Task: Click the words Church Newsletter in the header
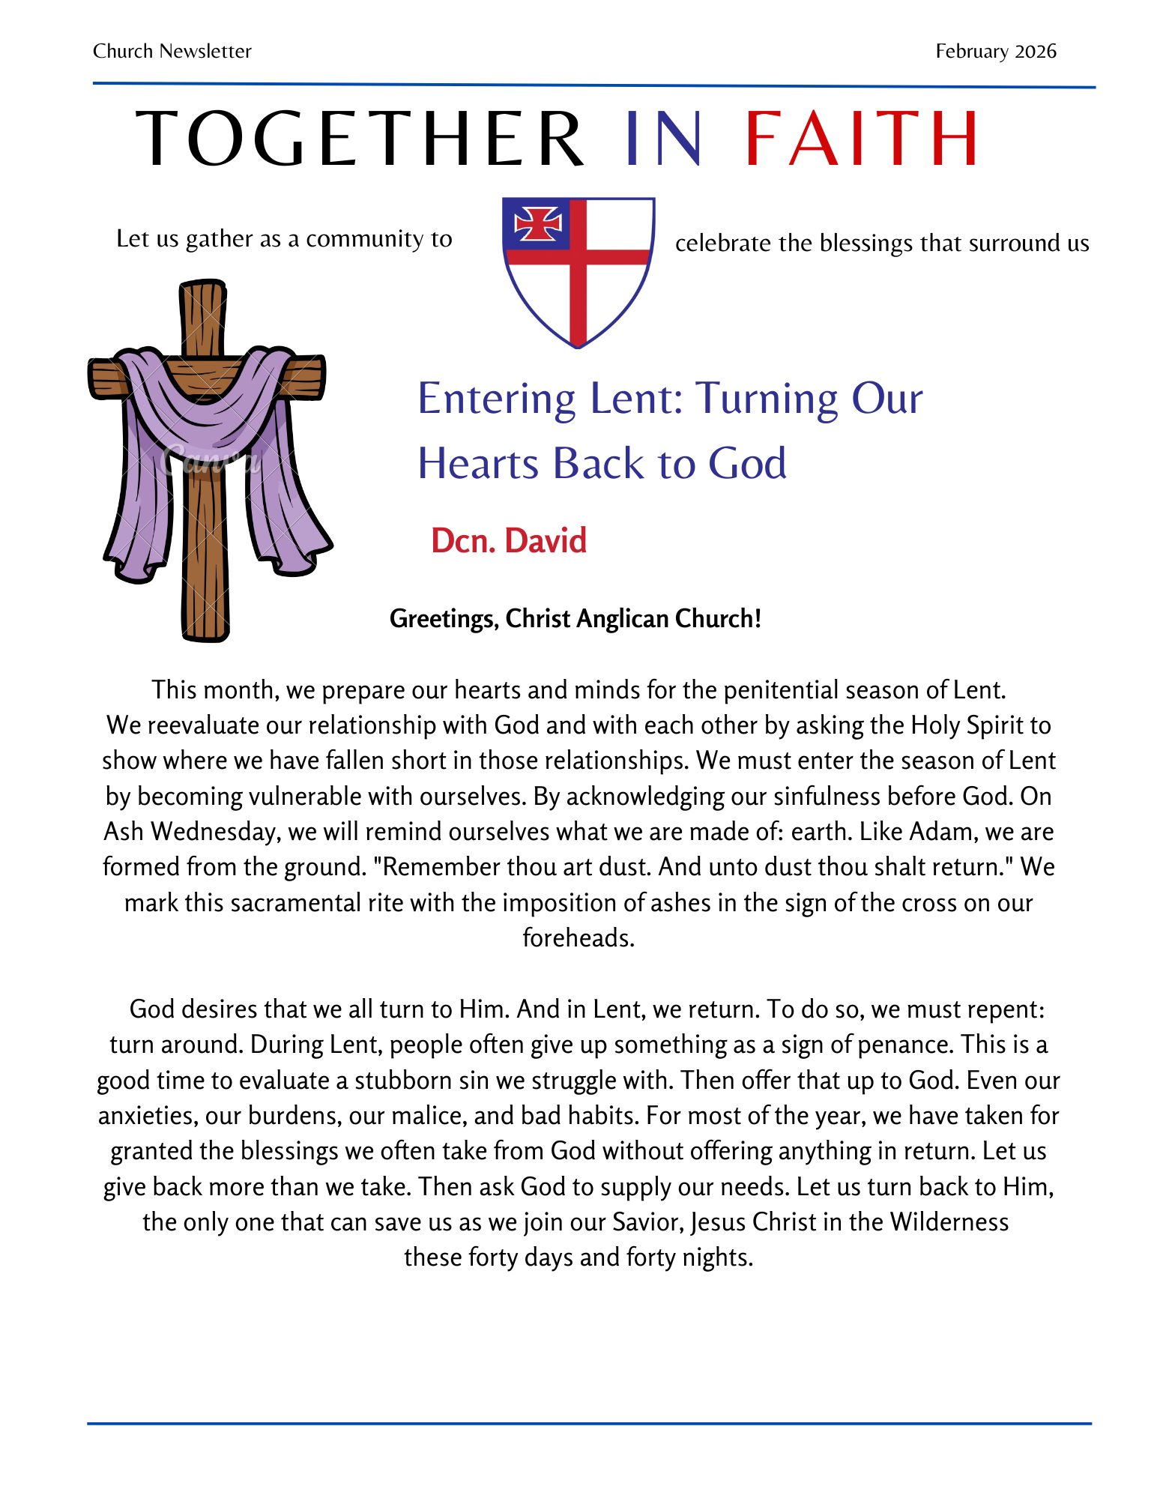click(x=172, y=51)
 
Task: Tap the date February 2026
click(x=995, y=51)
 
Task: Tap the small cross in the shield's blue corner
click(x=537, y=223)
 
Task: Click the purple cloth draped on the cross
click(x=202, y=420)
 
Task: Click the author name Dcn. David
click(x=508, y=540)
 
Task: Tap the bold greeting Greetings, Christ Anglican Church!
click(x=575, y=619)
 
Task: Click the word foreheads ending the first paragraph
click(x=578, y=937)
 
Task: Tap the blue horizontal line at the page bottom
click(x=589, y=1423)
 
